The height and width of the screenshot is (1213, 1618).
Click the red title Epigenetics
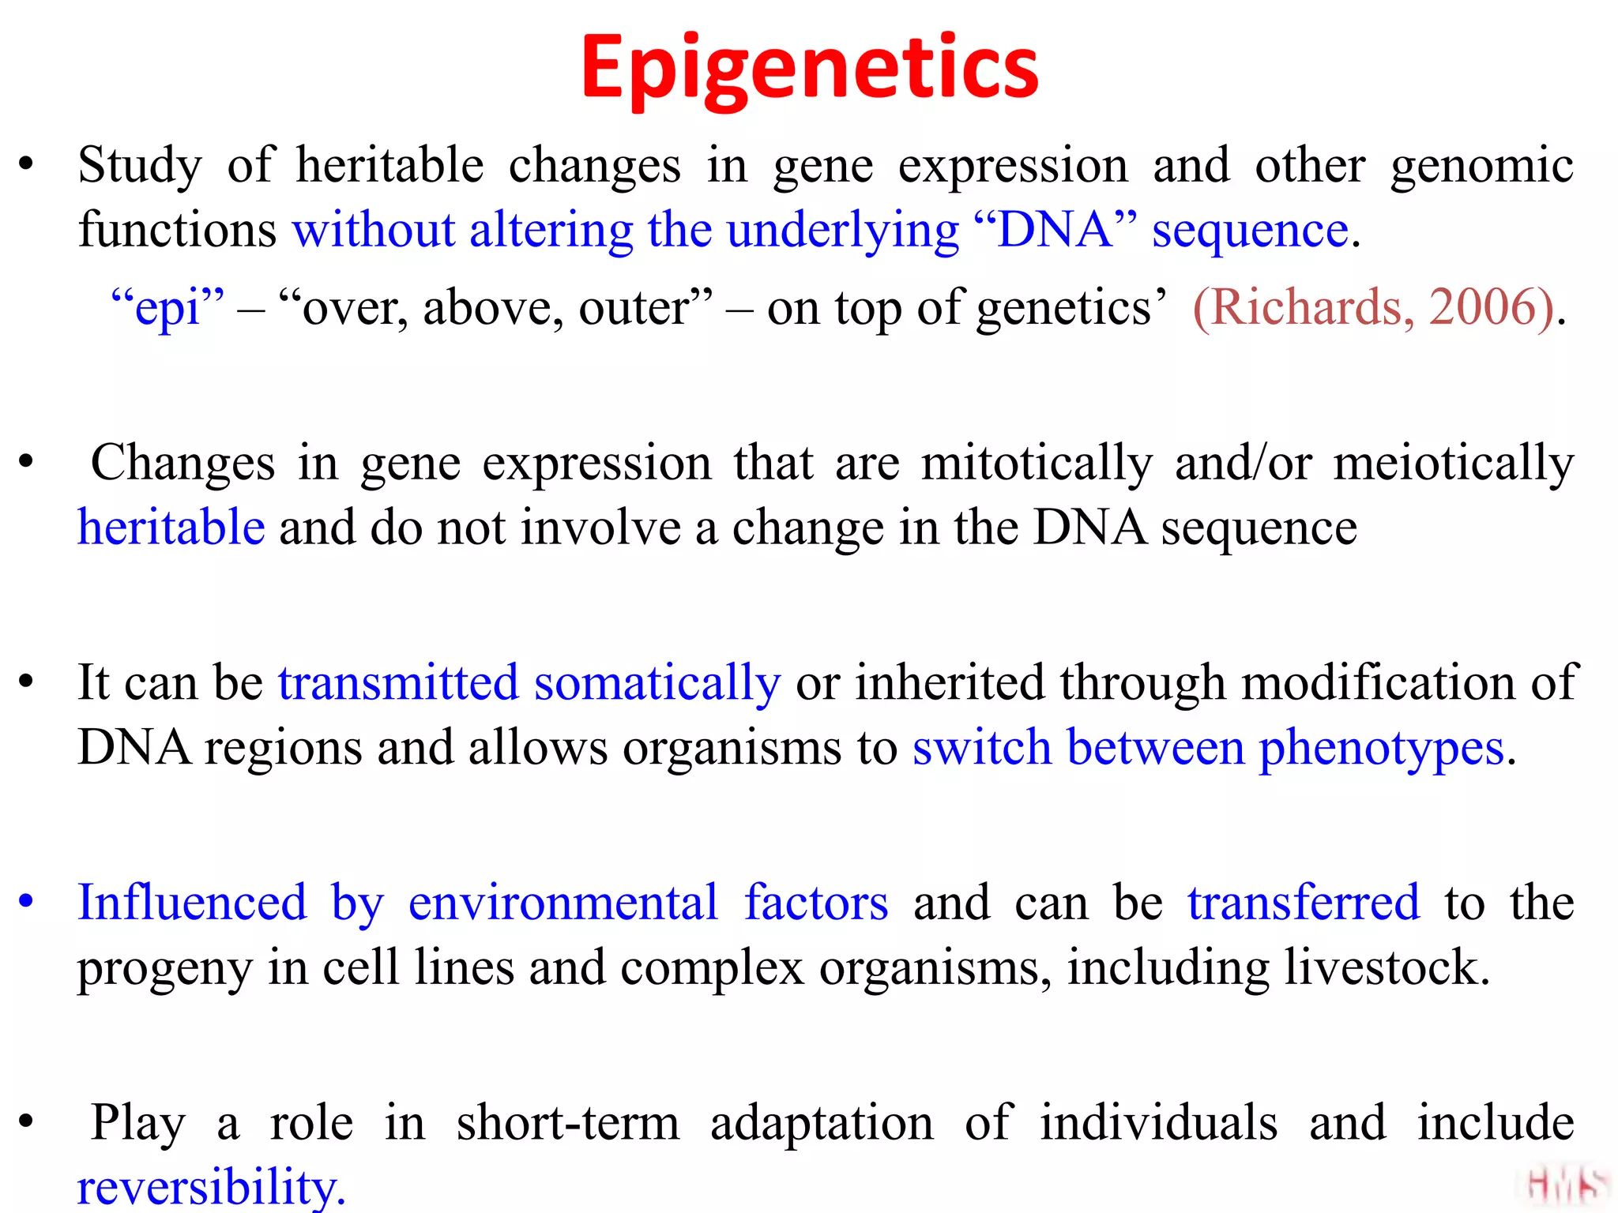click(809, 69)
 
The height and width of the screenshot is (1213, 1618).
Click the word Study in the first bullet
click(140, 167)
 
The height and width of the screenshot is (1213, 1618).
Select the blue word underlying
click(842, 231)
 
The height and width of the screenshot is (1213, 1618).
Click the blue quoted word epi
click(167, 308)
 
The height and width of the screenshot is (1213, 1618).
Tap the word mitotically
click(1037, 463)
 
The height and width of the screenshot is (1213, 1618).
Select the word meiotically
click(1454, 463)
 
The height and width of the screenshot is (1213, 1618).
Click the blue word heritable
click(171, 528)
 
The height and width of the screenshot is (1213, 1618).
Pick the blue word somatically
click(657, 682)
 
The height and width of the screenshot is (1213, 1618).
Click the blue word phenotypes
click(1380, 748)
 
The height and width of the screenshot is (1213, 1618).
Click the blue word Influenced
click(192, 902)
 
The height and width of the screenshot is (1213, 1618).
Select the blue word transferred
click(1304, 902)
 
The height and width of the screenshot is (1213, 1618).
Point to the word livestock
click(1387, 967)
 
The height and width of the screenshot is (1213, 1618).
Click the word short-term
click(568, 1122)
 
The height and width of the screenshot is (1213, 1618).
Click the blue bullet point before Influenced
click(26, 901)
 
